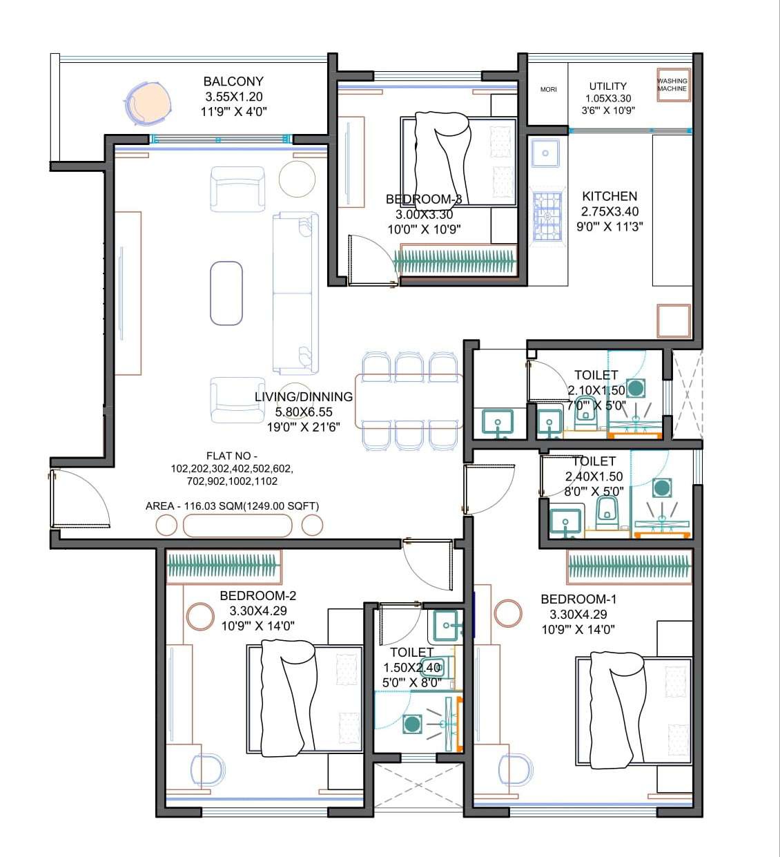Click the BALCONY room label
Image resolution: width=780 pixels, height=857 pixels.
tap(233, 81)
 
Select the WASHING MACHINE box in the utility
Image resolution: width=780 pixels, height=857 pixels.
tap(672, 85)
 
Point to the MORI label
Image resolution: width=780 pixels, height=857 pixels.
tap(548, 89)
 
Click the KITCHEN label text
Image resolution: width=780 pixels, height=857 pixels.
tap(609, 196)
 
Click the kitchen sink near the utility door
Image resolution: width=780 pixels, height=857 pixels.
tap(546, 153)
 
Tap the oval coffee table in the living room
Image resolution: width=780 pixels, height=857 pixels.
tap(226, 292)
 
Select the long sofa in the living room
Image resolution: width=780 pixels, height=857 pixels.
tap(295, 293)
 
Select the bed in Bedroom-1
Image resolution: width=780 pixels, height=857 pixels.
tap(634, 711)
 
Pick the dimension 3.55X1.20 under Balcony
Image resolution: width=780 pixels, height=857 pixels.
tap(233, 97)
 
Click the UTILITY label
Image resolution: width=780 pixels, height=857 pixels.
tap(607, 86)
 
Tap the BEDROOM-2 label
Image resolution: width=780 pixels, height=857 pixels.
tap(257, 595)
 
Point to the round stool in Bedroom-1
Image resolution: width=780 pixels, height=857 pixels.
tap(508, 613)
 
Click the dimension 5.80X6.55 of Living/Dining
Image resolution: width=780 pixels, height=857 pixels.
tap(304, 412)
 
